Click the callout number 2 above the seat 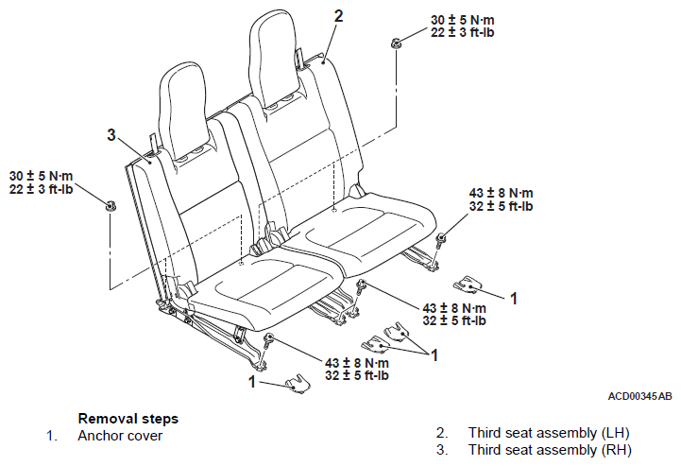pyautogui.click(x=338, y=16)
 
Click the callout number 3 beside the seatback pyautogui.click(x=111, y=135)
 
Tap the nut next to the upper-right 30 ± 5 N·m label pyautogui.click(x=396, y=43)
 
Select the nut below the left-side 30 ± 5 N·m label pyautogui.click(x=110, y=205)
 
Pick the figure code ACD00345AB pyautogui.click(x=639, y=396)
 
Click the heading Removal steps pyautogui.click(x=128, y=419)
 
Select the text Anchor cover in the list pyautogui.click(x=120, y=436)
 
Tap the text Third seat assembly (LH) pyautogui.click(x=549, y=433)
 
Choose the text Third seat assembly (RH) pyautogui.click(x=550, y=450)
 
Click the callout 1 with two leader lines pyautogui.click(x=434, y=355)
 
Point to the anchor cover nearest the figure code pyautogui.click(x=467, y=283)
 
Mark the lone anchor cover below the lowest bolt pyautogui.click(x=298, y=384)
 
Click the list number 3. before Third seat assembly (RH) pyautogui.click(x=442, y=450)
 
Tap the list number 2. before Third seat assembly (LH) pyautogui.click(x=442, y=433)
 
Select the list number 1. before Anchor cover pyautogui.click(x=52, y=436)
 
